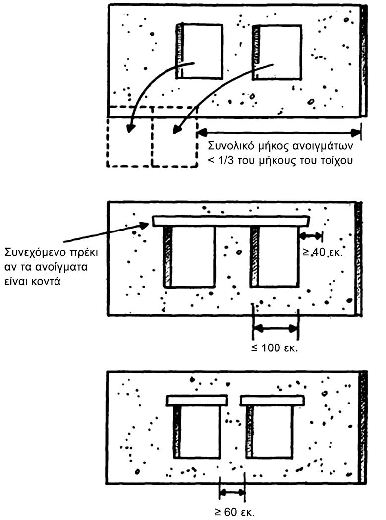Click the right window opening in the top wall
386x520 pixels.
278,52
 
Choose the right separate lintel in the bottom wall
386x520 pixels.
272,401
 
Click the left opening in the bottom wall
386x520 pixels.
198,431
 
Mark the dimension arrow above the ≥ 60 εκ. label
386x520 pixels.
232,493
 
